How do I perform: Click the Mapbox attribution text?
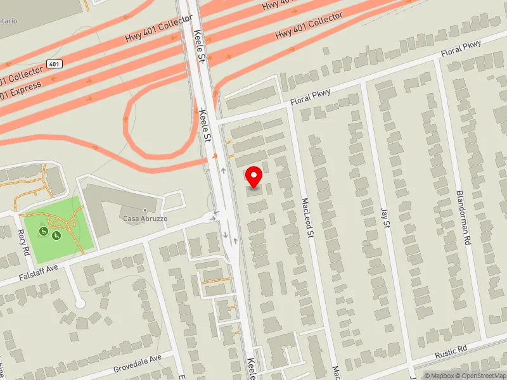point(440,376)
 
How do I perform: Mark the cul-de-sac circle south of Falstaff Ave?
point(80,304)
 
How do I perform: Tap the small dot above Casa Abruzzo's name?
point(145,210)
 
